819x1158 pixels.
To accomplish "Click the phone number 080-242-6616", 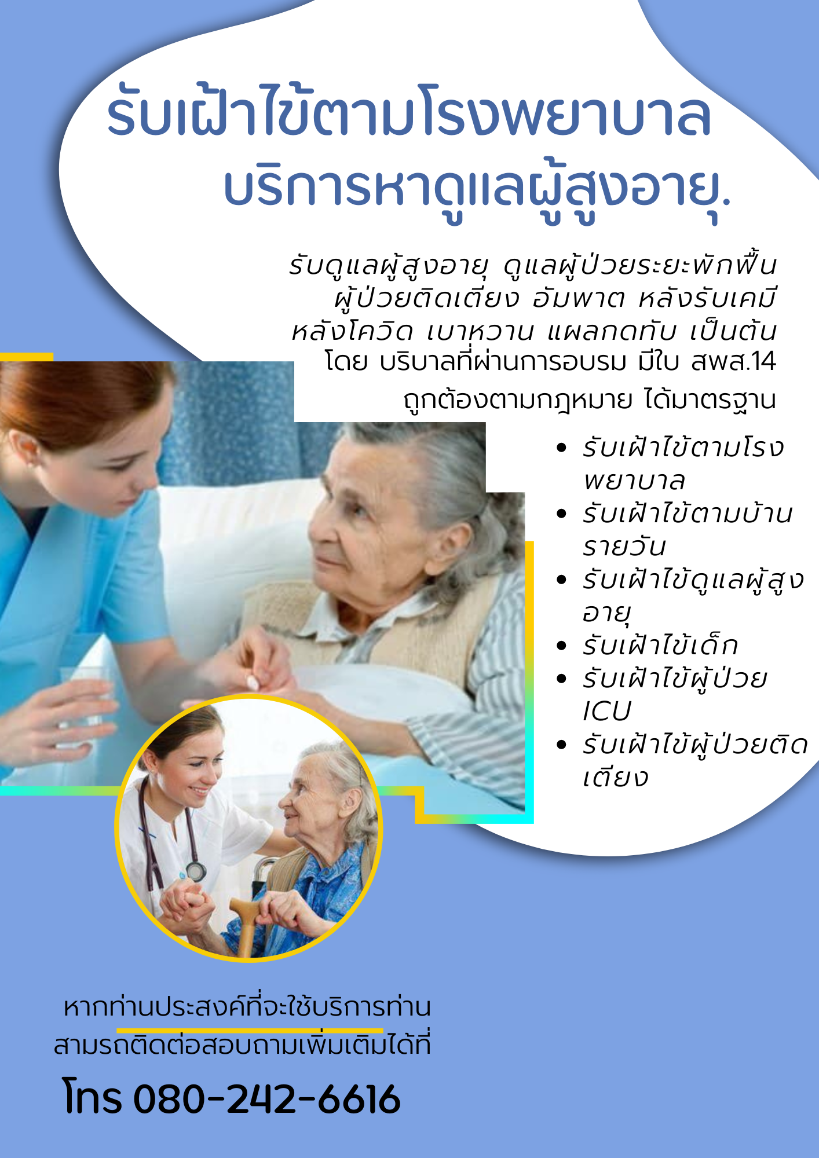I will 267,1099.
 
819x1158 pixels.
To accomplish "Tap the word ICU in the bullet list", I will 606,712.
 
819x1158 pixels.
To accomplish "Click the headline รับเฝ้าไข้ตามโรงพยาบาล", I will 409,112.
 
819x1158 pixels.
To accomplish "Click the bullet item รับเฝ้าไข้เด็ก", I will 660,646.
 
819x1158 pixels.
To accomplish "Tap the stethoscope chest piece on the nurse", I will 196,870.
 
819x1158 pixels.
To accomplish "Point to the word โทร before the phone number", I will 93,1098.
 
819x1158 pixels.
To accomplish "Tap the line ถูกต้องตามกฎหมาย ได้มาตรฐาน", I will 590,400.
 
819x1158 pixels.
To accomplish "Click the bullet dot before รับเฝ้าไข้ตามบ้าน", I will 561,514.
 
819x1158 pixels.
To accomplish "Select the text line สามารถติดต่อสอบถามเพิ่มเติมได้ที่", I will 242,1046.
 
